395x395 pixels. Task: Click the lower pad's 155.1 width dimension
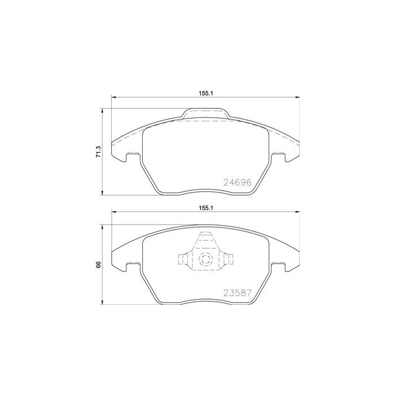click(205, 208)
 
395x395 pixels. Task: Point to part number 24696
click(237, 182)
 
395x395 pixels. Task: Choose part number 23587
click(237, 293)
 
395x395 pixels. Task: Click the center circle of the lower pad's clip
click(205, 260)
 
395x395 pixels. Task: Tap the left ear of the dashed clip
click(182, 260)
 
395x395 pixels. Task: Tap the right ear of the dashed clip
click(228, 260)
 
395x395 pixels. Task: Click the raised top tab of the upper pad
click(205, 114)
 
